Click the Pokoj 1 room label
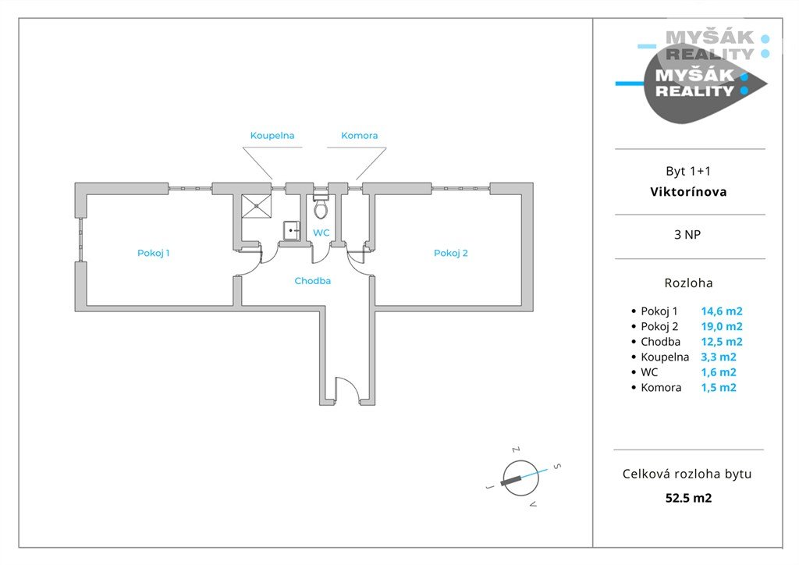(154, 253)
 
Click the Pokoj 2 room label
(451, 253)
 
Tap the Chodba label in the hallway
(312, 281)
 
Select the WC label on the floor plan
(321, 233)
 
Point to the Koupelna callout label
(272, 136)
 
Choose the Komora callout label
(359, 136)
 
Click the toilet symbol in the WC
(321, 208)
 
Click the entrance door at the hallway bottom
(346, 390)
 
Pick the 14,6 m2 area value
(721, 311)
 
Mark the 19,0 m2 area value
(721, 326)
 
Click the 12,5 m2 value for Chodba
(721, 342)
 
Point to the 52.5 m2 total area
(689, 497)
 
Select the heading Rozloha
(689, 283)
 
